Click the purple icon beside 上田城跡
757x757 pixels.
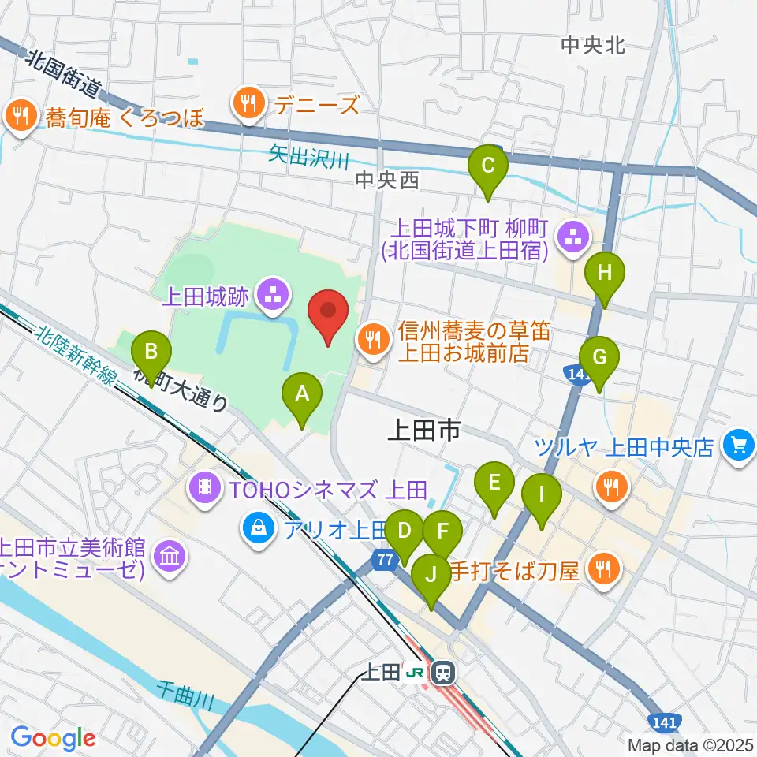pyautogui.click(x=273, y=297)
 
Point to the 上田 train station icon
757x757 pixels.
pyautogui.click(x=443, y=673)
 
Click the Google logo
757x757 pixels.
pyautogui.click(x=53, y=739)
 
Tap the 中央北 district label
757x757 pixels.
pyautogui.click(x=593, y=46)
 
